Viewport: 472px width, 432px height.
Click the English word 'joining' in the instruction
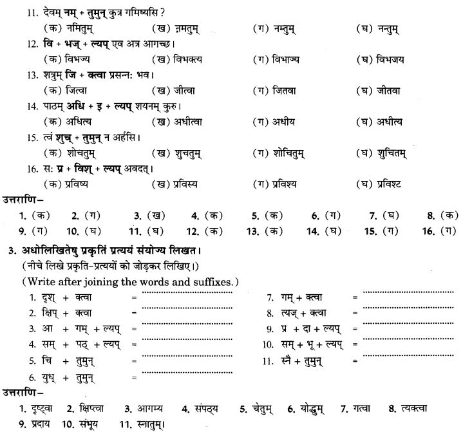click(x=99, y=281)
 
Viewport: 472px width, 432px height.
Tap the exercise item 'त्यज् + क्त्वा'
click(x=307, y=314)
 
